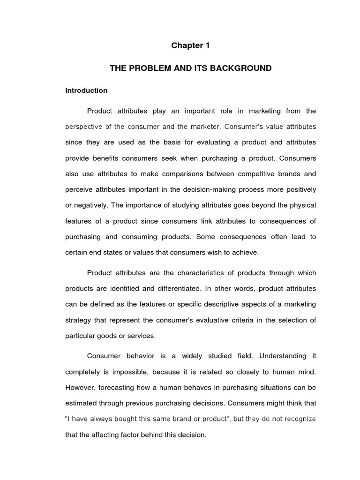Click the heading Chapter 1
click(191, 45)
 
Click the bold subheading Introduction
click(86, 90)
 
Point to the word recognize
click(298, 419)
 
